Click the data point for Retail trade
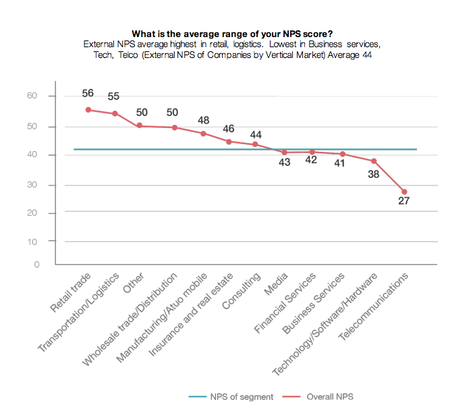coord(88,110)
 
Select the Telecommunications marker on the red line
coord(404,192)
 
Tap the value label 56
coord(87,94)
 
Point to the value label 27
coord(404,200)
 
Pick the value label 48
coord(204,120)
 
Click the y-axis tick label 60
coord(32,96)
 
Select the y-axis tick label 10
coord(32,241)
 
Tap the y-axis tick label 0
coord(35,264)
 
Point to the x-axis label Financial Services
coord(285,303)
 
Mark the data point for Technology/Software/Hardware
coord(373,161)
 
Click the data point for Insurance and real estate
coord(229,142)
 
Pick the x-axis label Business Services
coord(314,303)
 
